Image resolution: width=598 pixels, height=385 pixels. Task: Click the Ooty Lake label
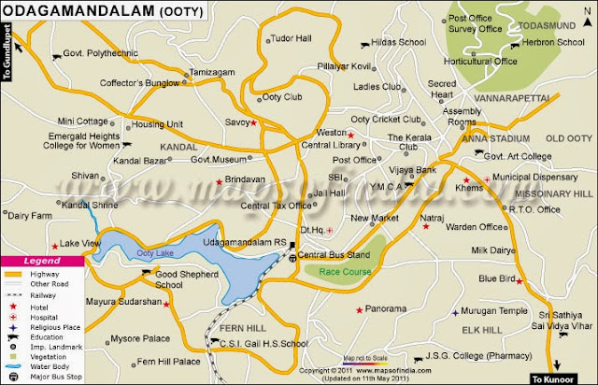point(154,253)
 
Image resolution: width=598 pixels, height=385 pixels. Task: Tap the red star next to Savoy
point(253,121)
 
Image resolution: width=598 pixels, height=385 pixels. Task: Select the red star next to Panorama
point(359,308)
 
